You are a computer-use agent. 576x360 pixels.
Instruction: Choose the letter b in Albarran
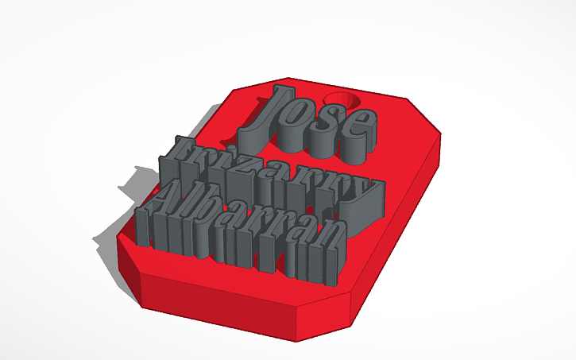(215, 226)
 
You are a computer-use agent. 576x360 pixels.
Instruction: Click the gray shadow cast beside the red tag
(119, 215)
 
